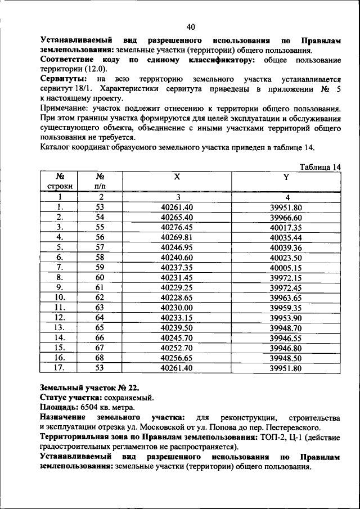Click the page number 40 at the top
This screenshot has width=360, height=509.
pos(191,27)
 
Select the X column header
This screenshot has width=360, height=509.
pos(177,177)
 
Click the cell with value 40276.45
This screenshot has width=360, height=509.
pos(177,227)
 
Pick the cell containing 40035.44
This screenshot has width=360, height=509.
pos(286,237)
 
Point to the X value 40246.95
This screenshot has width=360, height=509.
pos(177,247)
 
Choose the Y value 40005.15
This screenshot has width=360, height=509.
pos(286,268)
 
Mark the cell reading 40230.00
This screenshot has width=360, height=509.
pos(177,308)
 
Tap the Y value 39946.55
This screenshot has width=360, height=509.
pos(286,339)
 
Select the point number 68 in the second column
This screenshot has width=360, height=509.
pos(101,359)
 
